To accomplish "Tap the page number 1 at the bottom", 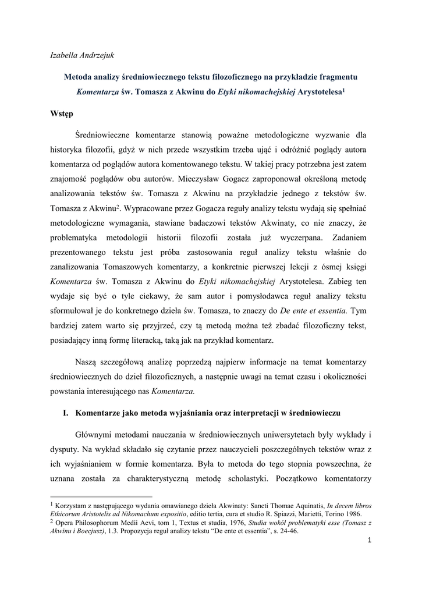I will (369, 542).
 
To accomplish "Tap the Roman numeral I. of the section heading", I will (65, 413).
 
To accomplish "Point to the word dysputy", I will (65, 450).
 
